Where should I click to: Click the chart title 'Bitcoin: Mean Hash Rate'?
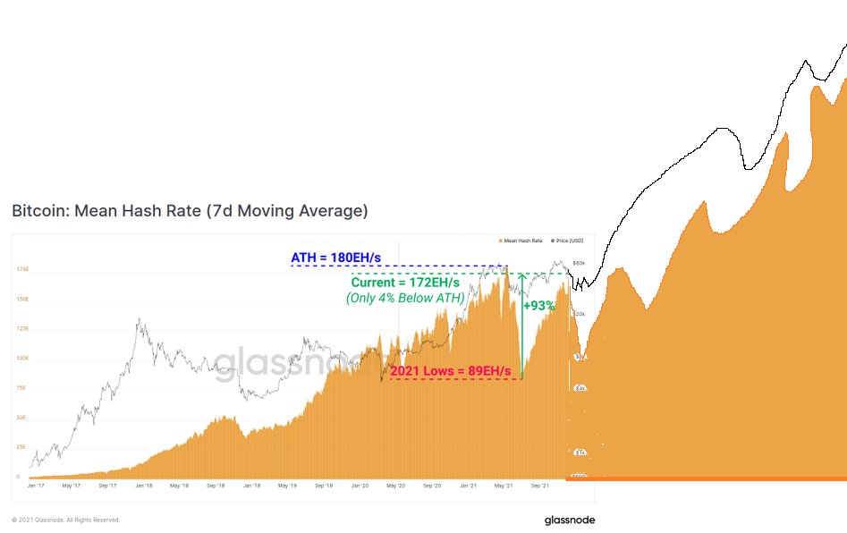(190, 212)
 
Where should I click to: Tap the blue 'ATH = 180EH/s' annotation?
(335, 258)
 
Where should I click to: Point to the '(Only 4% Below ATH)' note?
(405, 298)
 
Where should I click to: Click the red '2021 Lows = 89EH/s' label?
(450, 371)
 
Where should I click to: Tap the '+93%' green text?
(538, 306)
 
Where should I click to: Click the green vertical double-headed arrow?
(521, 326)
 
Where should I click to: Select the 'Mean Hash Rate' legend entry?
(522, 241)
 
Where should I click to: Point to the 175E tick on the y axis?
(22, 268)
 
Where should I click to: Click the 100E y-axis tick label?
(22, 358)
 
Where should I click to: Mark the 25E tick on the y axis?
(22, 447)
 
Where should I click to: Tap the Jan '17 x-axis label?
(36, 486)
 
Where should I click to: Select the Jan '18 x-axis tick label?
(142, 486)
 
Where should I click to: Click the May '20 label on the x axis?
(395, 486)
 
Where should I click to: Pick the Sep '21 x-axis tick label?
(538, 486)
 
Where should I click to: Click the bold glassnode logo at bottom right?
(569, 520)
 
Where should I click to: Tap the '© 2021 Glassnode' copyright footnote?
(65, 520)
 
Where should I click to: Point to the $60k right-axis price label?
(578, 264)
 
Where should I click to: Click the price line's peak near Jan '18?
(139, 319)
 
